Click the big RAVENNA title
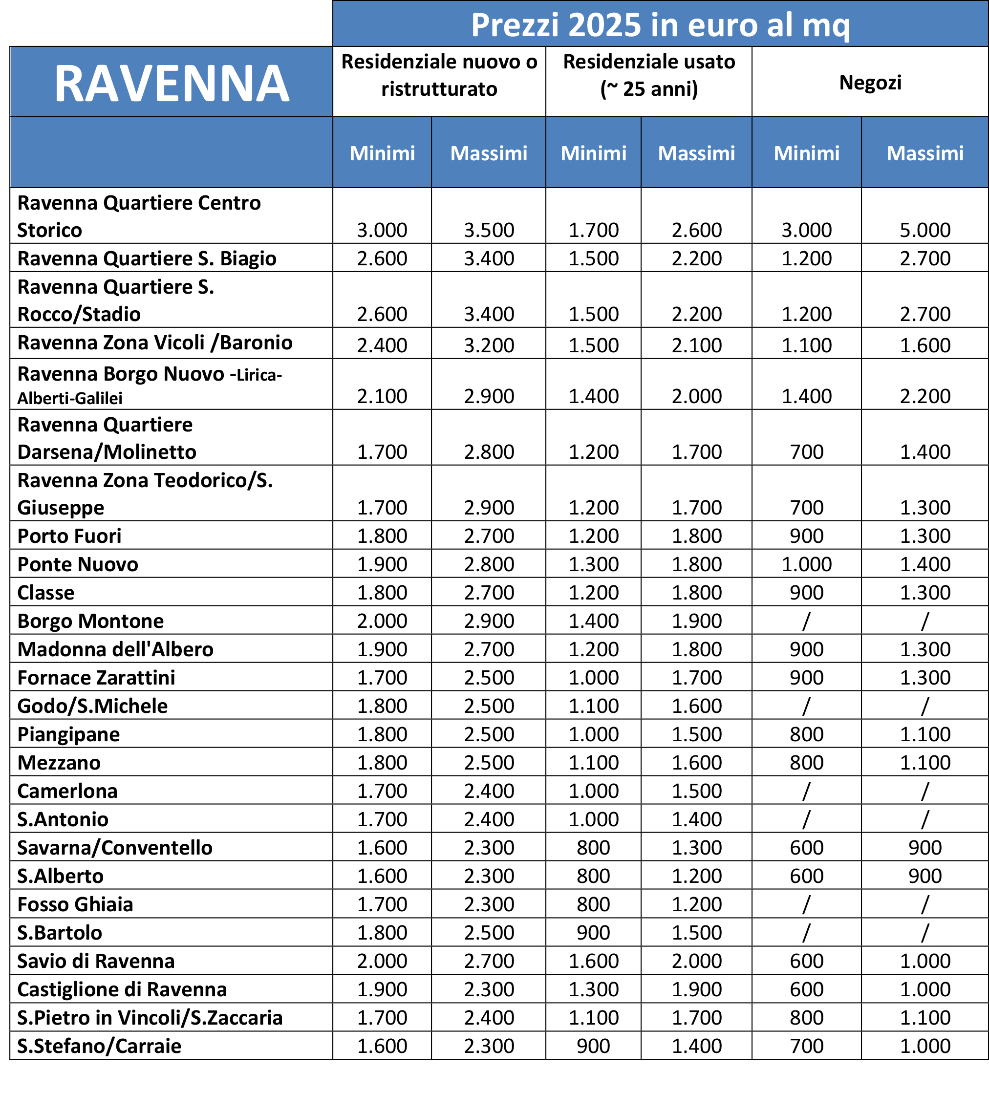172,84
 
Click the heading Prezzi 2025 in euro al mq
660,25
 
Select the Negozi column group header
870,83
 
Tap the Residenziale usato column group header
648,75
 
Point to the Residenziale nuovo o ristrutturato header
439,75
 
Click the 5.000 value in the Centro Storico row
924,230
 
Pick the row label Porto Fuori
69,536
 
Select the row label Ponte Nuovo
78,564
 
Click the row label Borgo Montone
90,621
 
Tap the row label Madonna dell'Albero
115,649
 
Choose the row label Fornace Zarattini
96,678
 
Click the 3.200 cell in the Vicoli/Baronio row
489,345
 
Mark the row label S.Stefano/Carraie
99,1046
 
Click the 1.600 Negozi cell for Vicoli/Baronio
924,345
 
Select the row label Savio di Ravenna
95,961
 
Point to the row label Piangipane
68,734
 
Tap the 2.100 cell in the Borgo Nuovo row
382,396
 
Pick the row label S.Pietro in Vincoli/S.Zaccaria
150,1018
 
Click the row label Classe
45,593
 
